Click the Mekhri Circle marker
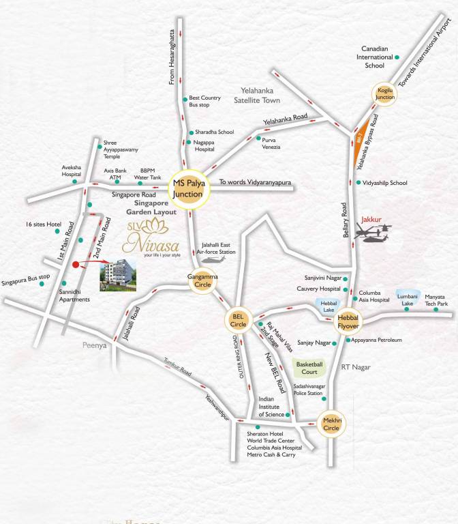[x=331, y=424]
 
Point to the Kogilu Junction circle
[x=385, y=93]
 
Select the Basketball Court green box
[x=309, y=368]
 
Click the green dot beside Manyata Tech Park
[x=407, y=310]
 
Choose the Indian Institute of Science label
[x=271, y=407]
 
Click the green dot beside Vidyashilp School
[x=358, y=183]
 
